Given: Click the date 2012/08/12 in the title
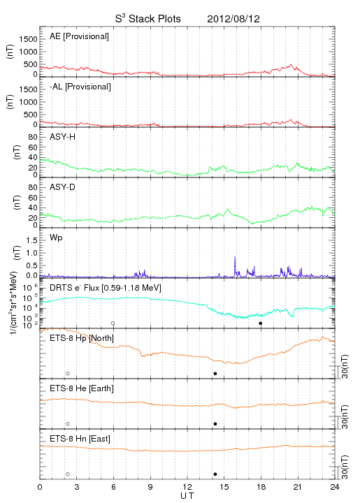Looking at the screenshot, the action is [233, 19].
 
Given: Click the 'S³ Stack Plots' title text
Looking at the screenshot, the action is [148, 19].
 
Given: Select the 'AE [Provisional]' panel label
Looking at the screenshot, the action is [79, 36].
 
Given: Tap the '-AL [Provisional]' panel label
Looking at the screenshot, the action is [80, 87].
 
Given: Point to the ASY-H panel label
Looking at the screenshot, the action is [63, 137].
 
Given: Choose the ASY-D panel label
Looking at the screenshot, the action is [63, 187].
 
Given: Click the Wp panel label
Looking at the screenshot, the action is [56, 238].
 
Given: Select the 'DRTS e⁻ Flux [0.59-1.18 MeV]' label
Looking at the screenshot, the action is [106, 288].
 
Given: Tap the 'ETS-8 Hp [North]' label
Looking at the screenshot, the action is [82, 338].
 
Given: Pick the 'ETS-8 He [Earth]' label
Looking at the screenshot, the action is [82, 388].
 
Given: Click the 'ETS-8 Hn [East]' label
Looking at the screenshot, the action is [80, 439].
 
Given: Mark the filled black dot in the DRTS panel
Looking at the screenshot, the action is [261, 323].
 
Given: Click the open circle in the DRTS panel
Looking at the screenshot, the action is [113, 323].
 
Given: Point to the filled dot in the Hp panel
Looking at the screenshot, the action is [215, 373].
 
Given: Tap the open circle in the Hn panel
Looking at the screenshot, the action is [68, 474].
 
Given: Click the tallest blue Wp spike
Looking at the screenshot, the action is [235, 265].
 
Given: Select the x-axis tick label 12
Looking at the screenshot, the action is [187, 487].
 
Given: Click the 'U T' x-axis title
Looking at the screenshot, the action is [187, 496].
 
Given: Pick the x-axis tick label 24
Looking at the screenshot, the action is [335, 487].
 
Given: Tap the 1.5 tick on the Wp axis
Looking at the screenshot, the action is [31, 240].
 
